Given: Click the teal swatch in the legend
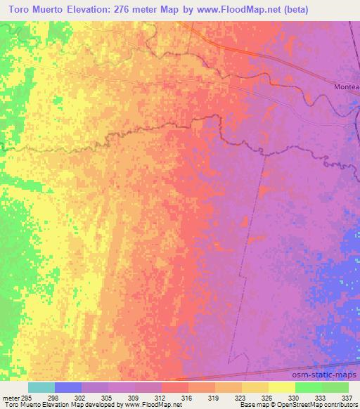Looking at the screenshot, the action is (41, 387).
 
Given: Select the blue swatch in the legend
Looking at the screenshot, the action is (68, 387).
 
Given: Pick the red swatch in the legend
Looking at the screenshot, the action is (175, 387).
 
